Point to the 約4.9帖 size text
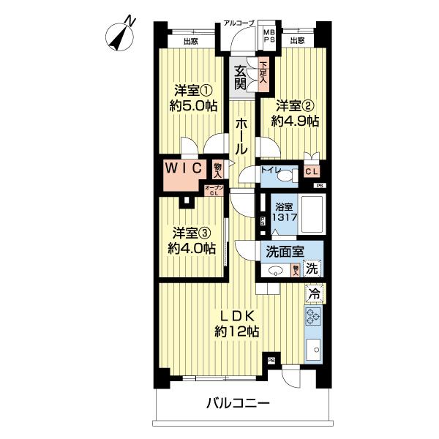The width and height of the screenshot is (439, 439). (295, 121)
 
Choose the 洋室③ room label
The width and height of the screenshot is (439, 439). (192, 233)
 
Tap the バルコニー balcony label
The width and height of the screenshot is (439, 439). (237, 402)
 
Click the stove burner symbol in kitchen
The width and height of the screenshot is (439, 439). (314, 318)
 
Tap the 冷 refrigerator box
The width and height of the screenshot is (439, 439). (314, 293)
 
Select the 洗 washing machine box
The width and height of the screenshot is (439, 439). (312, 269)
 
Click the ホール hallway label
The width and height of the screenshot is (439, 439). (241, 138)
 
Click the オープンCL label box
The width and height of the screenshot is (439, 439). (214, 192)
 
